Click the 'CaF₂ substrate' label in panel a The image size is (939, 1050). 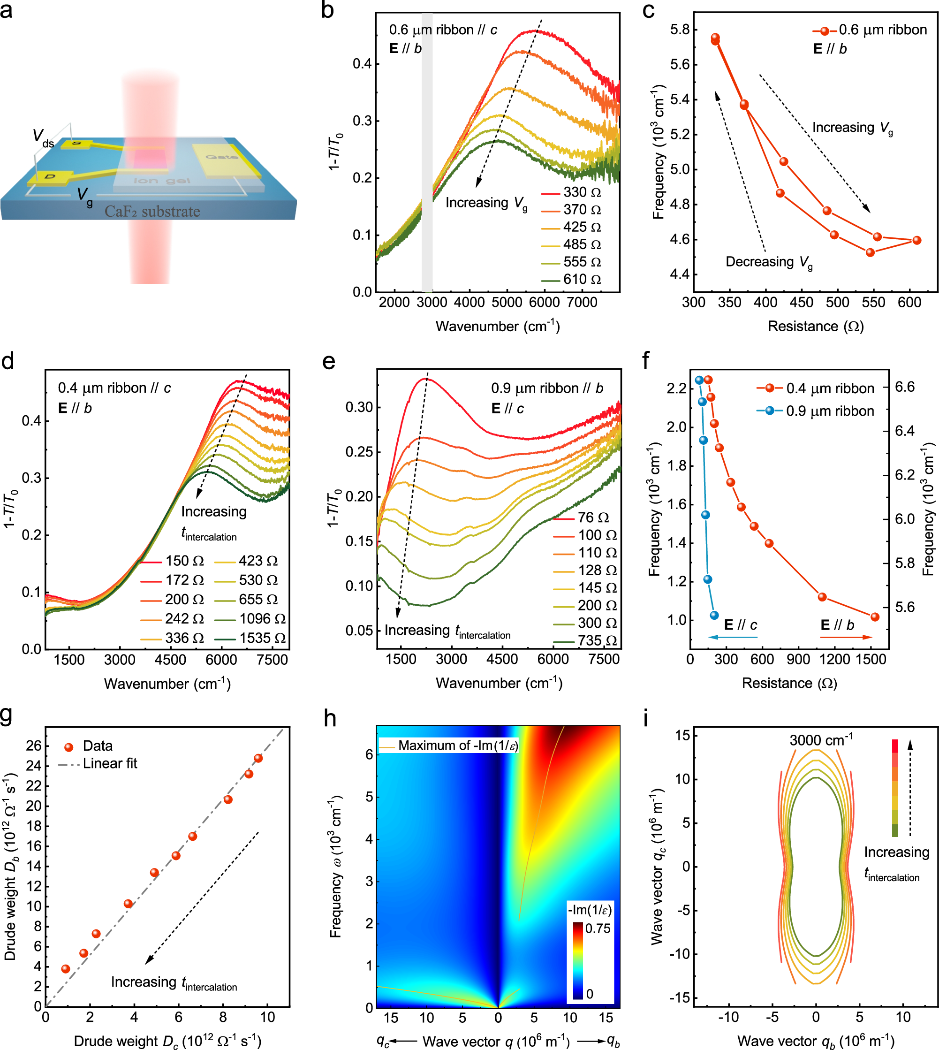pyautogui.click(x=152, y=212)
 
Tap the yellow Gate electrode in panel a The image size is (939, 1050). pyautogui.click(x=222, y=157)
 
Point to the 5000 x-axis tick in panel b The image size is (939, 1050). pyautogui.click(x=507, y=302)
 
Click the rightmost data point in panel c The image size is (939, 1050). pyautogui.click(x=916, y=240)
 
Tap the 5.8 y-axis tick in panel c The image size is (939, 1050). pyautogui.click(x=680, y=30)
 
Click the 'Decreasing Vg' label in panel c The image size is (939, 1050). pyautogui.click(x=769, y=262)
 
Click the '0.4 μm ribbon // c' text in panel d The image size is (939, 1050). pyautogui.click(x=114, y=388)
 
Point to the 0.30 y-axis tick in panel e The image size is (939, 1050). pyautogui.click(x=359, y=407)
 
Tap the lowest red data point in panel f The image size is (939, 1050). pyautogui.click(x=874, y=616)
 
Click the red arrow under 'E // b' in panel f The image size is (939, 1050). pyautogui.click(x=846, y=637)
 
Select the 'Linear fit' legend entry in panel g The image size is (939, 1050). pyautogui.click(x=110, y=764)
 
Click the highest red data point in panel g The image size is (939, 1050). pyautogui.click(x=258, y=758)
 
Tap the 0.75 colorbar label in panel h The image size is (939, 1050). pyautogui.click(x=598, y=928)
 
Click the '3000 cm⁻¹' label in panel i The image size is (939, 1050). pyautogui.click(x=820, y=740)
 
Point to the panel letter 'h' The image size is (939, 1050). pyautogui.click(x=330, y=718)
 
